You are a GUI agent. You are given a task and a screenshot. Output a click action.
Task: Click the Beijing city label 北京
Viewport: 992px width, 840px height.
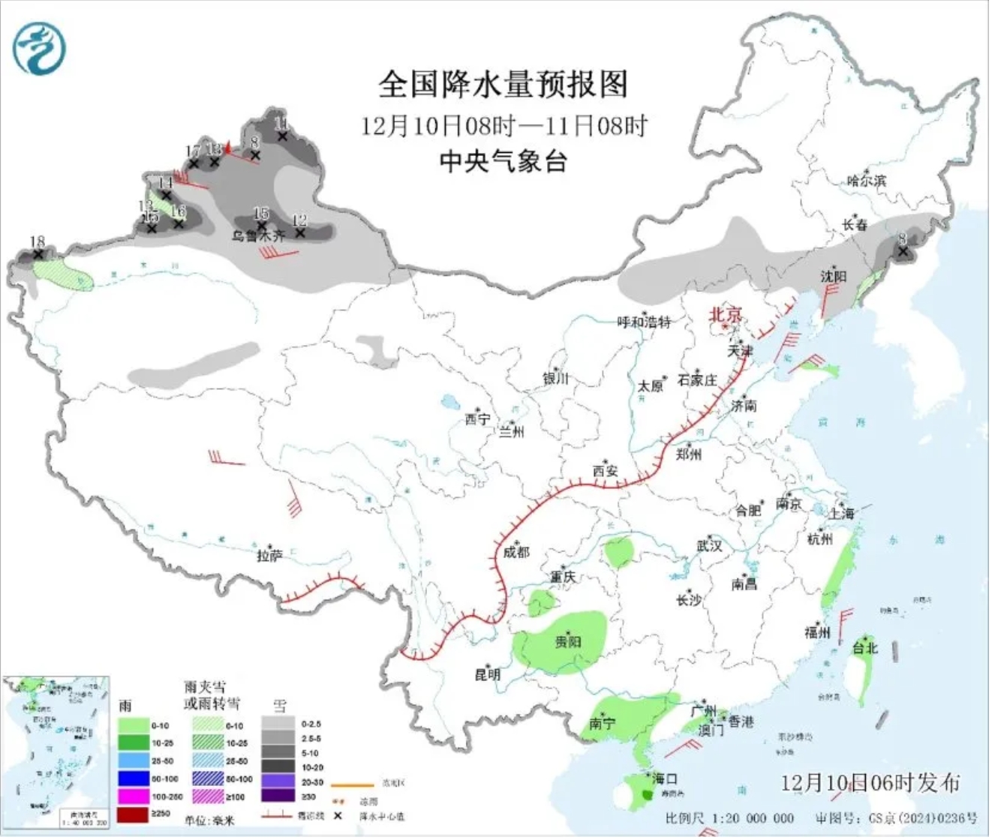click(x=726, y=313)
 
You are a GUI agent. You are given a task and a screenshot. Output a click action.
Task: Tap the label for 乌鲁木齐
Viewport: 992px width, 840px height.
click(x=258, y=235)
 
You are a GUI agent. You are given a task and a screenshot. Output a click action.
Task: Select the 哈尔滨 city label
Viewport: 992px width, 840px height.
click(x=866, y=181)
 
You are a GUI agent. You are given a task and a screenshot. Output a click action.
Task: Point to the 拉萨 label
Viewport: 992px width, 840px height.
click(x=269, y=556)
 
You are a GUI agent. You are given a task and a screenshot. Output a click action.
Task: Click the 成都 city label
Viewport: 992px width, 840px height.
click(x=516, y=553)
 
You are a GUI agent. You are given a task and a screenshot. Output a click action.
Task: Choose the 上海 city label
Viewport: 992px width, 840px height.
click(x=841, y=514)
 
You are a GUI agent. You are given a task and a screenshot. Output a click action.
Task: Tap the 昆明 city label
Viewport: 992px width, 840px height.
click(x=487, y=674)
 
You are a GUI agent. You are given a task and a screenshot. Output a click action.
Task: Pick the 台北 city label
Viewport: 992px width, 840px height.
click(x=865, y=648)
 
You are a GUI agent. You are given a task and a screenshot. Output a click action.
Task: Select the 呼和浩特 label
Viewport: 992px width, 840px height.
click(x=644, y=322)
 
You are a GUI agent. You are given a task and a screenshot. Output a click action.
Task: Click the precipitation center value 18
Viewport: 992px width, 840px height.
click(x=37, y=241)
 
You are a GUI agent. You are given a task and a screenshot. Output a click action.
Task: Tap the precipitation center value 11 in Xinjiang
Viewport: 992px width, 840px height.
click(x=281, y=124)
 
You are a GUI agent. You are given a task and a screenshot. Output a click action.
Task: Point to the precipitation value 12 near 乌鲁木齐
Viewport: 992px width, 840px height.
click(x=299, y=220)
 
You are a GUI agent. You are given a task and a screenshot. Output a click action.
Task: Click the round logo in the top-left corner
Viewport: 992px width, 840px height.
click(x=39, y=48)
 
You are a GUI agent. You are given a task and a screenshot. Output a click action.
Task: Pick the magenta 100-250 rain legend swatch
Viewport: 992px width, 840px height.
click(x=133, y=796)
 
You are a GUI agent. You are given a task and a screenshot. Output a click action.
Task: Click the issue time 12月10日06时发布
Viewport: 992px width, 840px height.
click(x=870, y=783)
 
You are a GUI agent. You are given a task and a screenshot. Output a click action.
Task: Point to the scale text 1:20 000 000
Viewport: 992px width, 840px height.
click(x=750, y=818)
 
